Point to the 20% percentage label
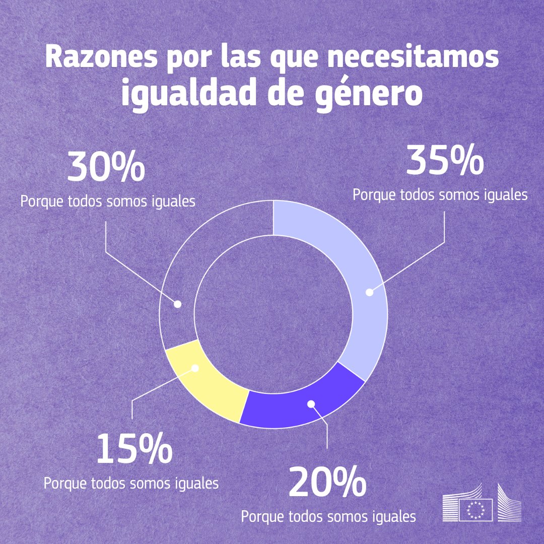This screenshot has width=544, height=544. pos(327,483)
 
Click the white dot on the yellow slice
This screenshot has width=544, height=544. pos(196,368)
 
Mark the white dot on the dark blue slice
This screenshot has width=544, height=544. pos(311,403)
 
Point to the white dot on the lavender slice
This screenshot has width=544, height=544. pos(369,292)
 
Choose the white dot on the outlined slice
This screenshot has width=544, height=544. pos(177,304)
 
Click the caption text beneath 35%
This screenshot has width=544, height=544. pos(440,194)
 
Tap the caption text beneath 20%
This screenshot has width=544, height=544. pos(328,517)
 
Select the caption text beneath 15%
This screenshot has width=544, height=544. pos(131,483)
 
